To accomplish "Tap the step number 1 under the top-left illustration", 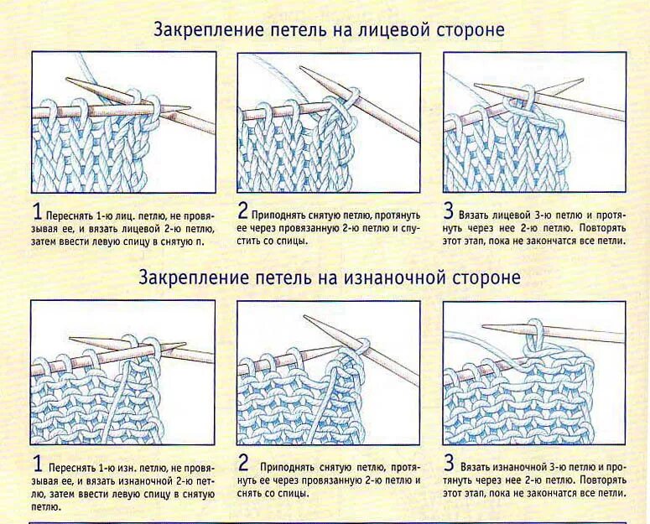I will click(37, 210).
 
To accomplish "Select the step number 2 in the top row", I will click(242, 210).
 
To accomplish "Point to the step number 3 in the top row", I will click(449, 210).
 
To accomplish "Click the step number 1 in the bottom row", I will click(37, 462).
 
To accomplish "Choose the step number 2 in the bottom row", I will click(243, 462).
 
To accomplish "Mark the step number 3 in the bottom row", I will click(449, 462).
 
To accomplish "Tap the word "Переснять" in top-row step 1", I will click(69, 215).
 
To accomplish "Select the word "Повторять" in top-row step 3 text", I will click(600, 227).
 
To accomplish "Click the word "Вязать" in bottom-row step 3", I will click(476, 465).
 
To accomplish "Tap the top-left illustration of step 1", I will click(123, 122).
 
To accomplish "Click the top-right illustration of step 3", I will click(534, 122).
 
